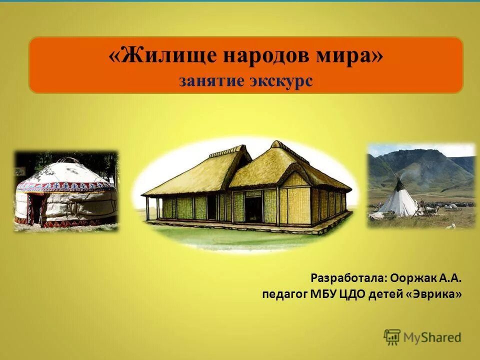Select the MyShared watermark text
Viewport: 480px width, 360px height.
[x=432, y=337]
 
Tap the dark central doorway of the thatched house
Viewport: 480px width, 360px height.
[x=254, y=207]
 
